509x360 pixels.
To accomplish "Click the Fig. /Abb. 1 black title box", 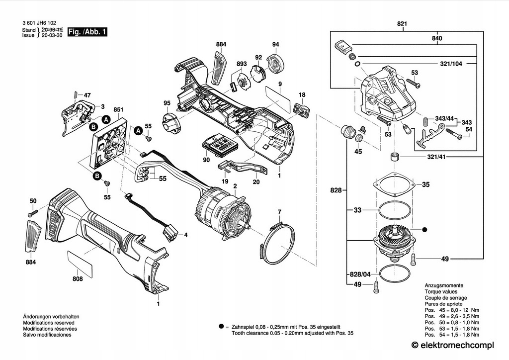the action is [x=87, y=32].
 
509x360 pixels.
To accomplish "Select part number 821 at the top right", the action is [x=402, y=24].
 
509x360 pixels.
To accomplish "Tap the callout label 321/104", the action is [x=451, y=64].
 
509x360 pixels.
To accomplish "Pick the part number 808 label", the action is [x=78, y=279].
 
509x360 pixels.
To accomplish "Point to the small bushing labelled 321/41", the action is [x=394, y=157].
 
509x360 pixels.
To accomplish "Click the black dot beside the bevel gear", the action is [x=424, y=230].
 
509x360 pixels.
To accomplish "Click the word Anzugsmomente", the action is [x=444, y=285].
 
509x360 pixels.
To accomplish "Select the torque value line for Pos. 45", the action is [x=452, y=310].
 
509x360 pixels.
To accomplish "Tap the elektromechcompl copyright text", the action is [x=452, y=345].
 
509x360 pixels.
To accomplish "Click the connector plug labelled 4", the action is [x=171, y=233].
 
